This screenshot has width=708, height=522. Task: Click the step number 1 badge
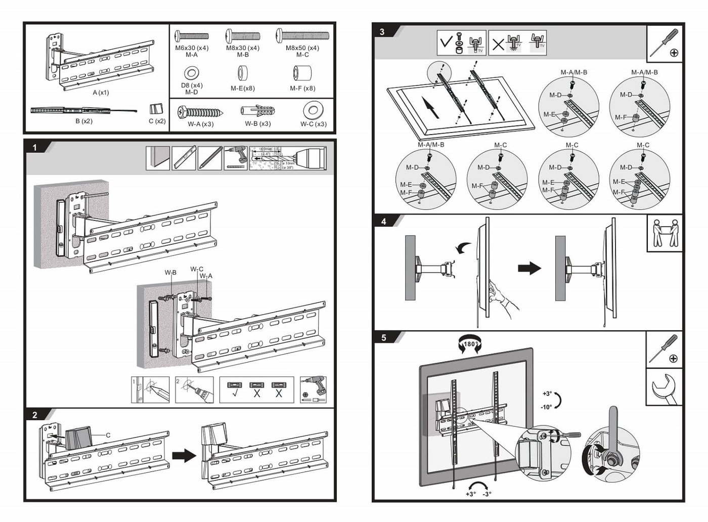click(x=34, y=147)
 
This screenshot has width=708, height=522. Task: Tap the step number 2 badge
click(x=34, y=415)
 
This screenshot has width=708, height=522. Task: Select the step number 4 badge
click(x=384, y=222)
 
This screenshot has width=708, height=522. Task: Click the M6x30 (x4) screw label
click(x=192, y=48)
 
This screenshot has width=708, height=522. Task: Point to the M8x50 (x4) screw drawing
click(x=302, y=35)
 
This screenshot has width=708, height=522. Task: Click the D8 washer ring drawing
click(x=192, y=73)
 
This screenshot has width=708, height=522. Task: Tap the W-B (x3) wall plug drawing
click(x=257, y=111)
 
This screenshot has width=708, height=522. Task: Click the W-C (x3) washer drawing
click(x=313, y=110)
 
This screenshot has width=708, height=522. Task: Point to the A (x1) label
click(x=101, y=93)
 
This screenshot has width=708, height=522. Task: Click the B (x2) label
click(x=84, y=121)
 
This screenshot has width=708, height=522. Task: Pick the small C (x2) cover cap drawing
click(x=157, y=109)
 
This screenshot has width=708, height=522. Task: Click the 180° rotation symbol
click(x=469, y=344)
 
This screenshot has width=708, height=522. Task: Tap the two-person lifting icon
click(x=665, y=233)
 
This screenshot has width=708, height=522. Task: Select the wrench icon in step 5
click(x=664, y=387)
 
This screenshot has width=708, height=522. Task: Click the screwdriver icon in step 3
click(x=665, y=43)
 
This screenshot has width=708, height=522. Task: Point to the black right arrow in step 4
click(x=529, y=268)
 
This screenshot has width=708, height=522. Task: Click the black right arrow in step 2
click(x=184, y=455)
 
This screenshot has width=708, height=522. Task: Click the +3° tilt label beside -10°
click(x=547, y=394)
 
